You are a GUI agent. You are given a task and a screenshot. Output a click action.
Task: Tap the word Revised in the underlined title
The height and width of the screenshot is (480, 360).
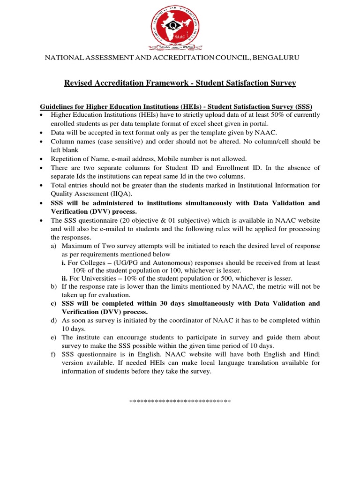(78, 83)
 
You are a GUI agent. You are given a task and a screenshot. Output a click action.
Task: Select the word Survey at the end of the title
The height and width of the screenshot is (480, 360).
(284, 83)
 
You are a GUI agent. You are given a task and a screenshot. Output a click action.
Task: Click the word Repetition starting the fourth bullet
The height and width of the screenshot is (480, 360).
(67, 159)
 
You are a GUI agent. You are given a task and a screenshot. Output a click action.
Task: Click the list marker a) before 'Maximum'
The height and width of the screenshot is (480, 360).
(54, 246)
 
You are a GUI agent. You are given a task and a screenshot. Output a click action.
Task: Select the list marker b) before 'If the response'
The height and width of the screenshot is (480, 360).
(54, 286)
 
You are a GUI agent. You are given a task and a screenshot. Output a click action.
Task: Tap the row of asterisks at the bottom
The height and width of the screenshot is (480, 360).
(180, 402)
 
